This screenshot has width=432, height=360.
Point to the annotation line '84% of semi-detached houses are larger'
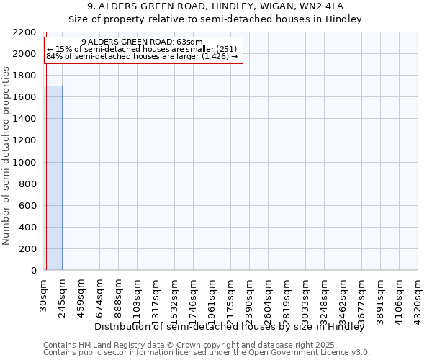pos(142,55)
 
